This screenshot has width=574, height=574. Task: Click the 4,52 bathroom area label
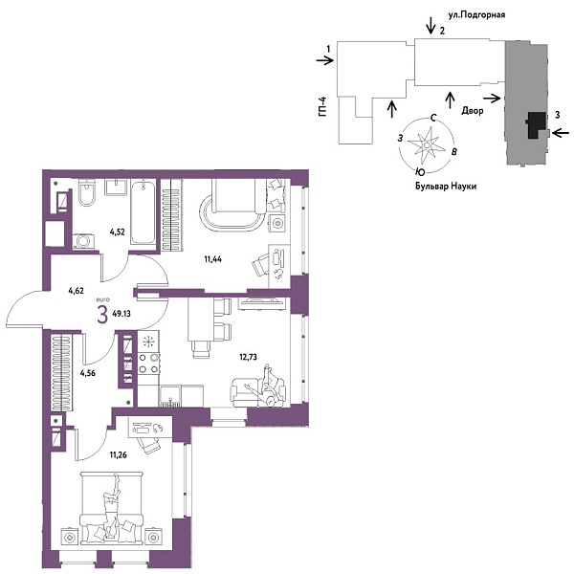(118, 232)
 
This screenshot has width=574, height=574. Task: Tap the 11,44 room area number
(212, 259)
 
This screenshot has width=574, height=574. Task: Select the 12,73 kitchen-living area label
(248, 357)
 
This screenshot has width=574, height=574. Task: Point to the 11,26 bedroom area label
(119, 455)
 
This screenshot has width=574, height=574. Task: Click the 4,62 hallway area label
(77, 291)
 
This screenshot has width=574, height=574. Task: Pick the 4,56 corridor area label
(88, 373)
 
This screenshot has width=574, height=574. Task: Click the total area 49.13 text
(121, 314)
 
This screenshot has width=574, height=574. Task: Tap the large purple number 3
(102, 315)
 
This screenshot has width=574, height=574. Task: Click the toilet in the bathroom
(87, 192)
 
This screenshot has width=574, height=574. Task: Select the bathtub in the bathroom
(143, 212)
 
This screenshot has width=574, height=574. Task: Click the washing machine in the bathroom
(83, 241)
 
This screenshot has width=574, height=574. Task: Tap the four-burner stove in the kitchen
(148, 364)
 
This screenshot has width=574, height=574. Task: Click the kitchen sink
(170, 396)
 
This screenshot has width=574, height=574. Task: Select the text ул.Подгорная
(477, 14)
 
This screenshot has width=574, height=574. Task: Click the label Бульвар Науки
(446, 186)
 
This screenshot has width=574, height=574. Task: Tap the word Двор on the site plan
(473, 110)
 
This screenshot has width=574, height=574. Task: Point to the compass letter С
(433, 118)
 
